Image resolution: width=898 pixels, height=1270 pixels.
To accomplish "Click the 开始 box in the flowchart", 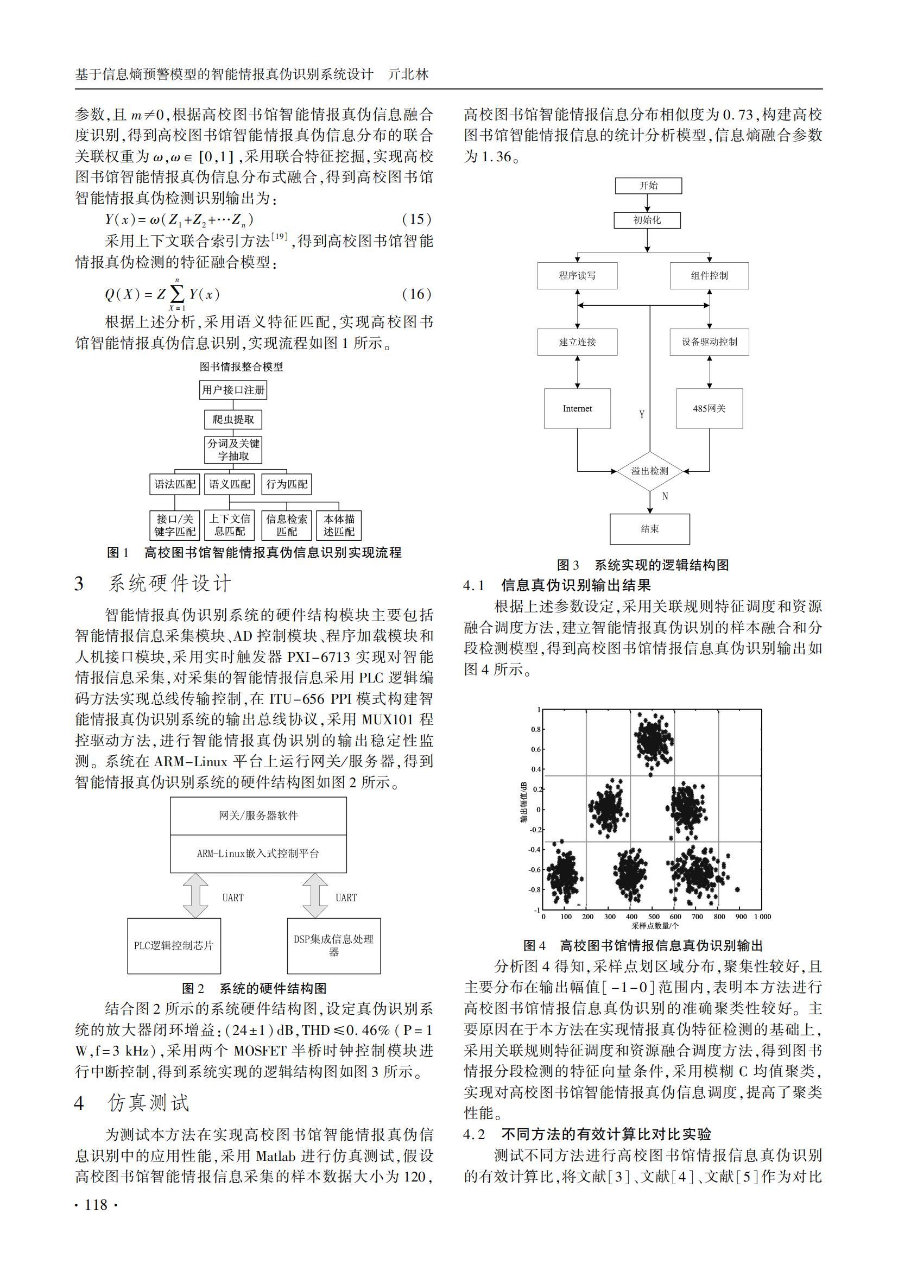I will [x=648, y=185].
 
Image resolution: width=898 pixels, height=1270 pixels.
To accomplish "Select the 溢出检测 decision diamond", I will [x=650, y=471].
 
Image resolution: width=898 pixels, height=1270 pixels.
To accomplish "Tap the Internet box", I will [x=577, y=408].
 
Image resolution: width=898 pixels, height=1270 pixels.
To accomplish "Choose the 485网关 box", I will [x=709, y=408].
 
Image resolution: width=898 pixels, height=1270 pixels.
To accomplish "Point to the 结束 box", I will [x=650, y=529].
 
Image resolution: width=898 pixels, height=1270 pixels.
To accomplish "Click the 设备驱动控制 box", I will [x=709, y=342].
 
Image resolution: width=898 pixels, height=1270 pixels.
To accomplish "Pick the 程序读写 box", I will [x=577, y=275].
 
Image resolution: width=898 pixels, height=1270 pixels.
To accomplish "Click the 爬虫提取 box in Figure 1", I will [x=233, y=419].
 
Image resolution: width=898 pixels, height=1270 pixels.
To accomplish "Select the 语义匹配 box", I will [x=230, y=484].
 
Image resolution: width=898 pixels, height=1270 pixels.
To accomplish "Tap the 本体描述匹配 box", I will [x=339, y=525].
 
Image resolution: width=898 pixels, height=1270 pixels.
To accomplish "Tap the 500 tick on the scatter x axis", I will [x=654, y=917].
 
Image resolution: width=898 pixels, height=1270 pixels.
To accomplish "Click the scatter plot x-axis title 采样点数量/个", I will [x=655, y=926].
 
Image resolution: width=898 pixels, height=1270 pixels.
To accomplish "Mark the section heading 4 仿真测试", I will [x=132, y=1102].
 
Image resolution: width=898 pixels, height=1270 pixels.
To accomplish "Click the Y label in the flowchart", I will [x=641, y=414].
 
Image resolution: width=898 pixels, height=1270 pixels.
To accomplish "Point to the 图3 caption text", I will [x=642, y=565].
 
